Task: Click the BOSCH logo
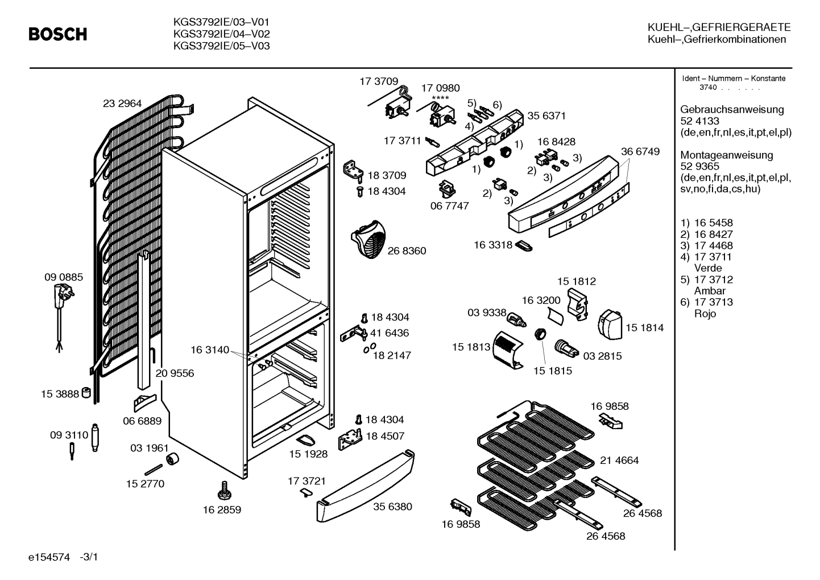click(x=58, y=34)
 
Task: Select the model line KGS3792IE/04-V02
click(x=221, y=34)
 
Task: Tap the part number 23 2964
click(x=122, y=104)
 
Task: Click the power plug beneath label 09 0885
click(x=63, y=295)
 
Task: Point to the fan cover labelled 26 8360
click(x=368, y=239)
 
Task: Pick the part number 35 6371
click(x=546, y=116)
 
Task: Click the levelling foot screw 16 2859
click(x=224, y=490)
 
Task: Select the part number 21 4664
click(x=619, y=460)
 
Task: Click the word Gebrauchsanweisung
click(x=732, y=109)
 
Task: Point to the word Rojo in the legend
click(x=705, y=314)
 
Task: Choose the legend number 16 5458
click(x=714, y=223)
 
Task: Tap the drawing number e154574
click(x=49, y=557)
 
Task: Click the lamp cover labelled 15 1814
click(x=610, y=324)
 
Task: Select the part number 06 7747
click(x=450, y=206)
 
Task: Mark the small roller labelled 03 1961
click(x=172, y=459)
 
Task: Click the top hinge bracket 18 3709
click(x=353, y=171)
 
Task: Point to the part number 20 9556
click(x=175, y=373)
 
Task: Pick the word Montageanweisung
click(x=727, y=155)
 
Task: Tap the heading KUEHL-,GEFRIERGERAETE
click(x=719, y=27)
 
